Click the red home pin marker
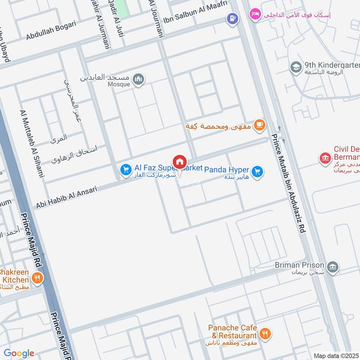(x=179, y=162)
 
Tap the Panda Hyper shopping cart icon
(x=257, y=172)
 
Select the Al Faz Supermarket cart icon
(x=126, y=170)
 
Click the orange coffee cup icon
(x=259, y=126)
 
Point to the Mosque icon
(x=139, y=80)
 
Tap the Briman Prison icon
(x=333, y=267)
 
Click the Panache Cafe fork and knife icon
(x=265, y=334)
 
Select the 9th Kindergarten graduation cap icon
(x=296, y=67)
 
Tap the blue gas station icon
(x=232, y=19)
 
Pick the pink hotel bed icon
(x=255, y=14)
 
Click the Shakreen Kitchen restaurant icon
(x=37, y=278)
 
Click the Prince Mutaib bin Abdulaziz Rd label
(x=288, y=182)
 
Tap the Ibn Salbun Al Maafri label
(x=195, y=13)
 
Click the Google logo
(x=19, y=353)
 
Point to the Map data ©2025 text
(x=336, y=355)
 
